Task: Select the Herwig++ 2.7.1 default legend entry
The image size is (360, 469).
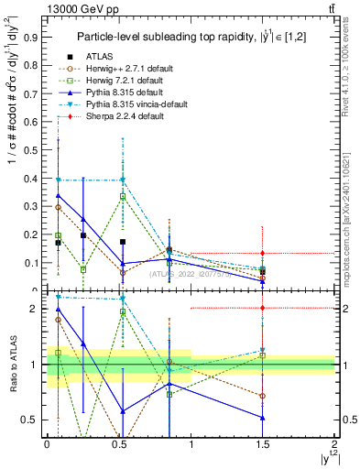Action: pos(123,68)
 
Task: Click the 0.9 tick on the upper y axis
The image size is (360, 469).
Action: pos(33,38)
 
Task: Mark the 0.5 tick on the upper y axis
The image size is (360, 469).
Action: pos(33,150)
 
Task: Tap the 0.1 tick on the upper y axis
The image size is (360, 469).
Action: pos(33,263)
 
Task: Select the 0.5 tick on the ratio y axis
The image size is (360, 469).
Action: pos(33,420)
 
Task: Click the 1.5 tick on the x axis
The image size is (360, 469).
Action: pos(263,448)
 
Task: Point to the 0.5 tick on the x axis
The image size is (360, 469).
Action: pos(119,448)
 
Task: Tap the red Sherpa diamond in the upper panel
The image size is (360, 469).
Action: pos(263,253)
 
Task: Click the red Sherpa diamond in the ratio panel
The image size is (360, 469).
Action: pos(263,309)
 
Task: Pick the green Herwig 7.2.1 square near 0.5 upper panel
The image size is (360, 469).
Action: pos(123,197)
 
